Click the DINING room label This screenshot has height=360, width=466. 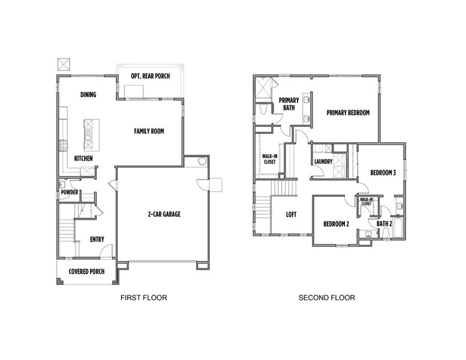click(88, 95)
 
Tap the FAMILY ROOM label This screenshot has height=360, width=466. click(149, 131)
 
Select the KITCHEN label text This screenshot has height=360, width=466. click(83, 158)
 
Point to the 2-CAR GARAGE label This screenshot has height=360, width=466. click(164, 214)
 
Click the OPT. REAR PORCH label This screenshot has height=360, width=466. click(149, 76)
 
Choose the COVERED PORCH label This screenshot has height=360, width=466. click(86, 272)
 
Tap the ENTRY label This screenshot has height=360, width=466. click(97, 239)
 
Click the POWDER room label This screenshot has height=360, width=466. click(69, 192)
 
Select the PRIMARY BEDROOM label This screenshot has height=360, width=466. click(348, 112)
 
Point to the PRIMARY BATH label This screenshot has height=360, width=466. click(288, 104)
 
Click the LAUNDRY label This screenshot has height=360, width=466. click(323, 161)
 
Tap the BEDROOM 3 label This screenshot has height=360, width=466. click(383, 173)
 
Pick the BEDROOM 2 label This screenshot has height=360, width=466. click(336, 224)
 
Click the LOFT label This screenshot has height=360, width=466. click(291, 214)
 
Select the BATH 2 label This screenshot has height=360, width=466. click(384, 224)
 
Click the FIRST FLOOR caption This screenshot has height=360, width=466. click(143, 297)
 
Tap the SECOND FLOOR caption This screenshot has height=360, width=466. click(326, 297)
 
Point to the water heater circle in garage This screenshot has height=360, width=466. click(202, 161)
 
